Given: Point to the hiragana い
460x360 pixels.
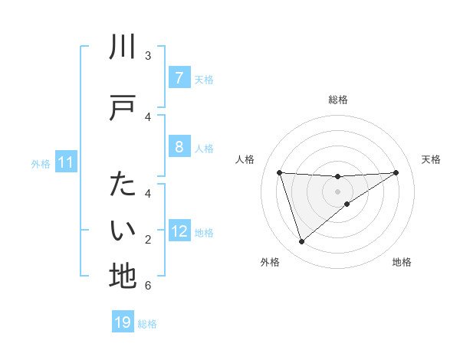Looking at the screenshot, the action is click(x=123, y=231).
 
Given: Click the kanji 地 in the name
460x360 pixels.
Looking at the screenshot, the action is click(x=123, y=276).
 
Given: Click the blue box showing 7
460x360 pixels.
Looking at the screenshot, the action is click(x=179, y=78).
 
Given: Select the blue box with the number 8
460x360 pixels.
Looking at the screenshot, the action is click(x=179, y=147).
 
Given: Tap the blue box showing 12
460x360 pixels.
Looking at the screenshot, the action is click(x=179, y=231).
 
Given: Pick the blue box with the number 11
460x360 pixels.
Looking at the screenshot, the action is click(x=65, y=162).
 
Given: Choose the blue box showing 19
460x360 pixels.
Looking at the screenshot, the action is click(x=123, y=322).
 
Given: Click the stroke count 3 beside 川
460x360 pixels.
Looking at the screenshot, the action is click(x=148, y=56).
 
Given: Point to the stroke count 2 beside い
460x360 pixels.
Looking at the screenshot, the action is click(x=148, y=240).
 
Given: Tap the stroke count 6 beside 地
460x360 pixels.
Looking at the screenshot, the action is click(x=148, y=286).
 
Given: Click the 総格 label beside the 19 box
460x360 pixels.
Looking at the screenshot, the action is click(x=147, y=324).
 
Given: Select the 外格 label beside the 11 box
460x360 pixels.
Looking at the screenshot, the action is click(x=41, y=163).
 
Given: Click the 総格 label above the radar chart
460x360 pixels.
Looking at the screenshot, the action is click(x=337, y=100).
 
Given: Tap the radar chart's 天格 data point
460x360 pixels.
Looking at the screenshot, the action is click(x=396, y=172).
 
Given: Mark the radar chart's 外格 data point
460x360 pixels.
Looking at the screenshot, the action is click(x=301, y=242).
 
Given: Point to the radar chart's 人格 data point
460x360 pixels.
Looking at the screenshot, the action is click(x=279, y=172).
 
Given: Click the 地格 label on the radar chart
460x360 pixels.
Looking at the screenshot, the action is click(x=402, y=262).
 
